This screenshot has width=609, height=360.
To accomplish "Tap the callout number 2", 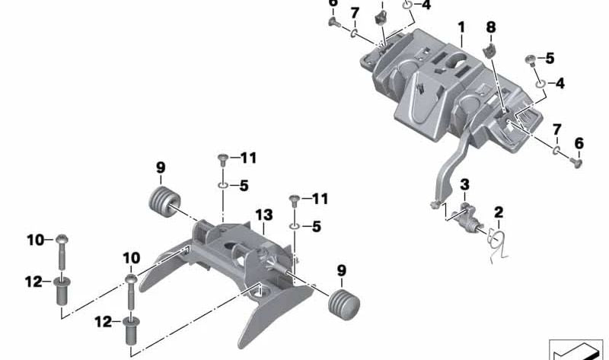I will click(499, 212).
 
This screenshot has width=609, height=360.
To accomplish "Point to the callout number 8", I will click(491, 27).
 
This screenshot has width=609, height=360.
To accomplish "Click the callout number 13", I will click(263, 216).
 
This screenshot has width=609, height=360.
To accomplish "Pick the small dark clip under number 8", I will click(490, 50).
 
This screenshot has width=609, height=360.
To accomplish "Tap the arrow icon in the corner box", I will click(575, 350).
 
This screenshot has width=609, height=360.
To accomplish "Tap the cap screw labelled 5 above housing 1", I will click(528, 59).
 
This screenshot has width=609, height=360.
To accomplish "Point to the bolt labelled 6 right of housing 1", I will click(576, 160).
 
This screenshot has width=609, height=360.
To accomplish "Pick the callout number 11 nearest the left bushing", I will click(247, 158).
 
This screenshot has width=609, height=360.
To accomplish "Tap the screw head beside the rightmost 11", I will click(295, 200).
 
